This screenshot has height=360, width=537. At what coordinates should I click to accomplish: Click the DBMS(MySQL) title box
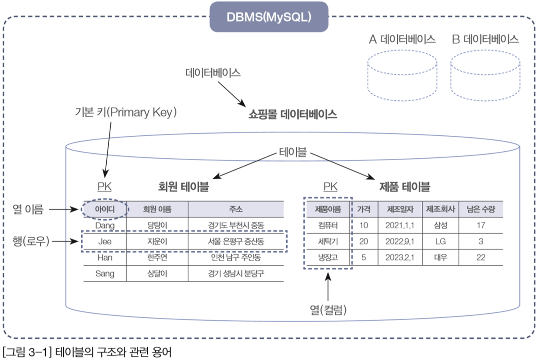coord(269,17)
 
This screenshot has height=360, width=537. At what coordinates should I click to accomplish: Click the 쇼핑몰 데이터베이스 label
coord(292,114)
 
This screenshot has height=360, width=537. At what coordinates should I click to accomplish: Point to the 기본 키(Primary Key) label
coord(126,112)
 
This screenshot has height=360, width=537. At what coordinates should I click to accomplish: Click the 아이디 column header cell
coord(105,209)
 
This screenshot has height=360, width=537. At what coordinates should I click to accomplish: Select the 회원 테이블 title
coord(183,187)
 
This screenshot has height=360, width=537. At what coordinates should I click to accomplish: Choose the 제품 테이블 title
coord(404,187)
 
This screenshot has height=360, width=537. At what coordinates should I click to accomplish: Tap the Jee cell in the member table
coord(105,242)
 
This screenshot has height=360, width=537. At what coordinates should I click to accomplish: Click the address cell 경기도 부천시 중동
coord(236,225)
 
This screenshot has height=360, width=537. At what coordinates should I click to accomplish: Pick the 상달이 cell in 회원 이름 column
coord(157,273)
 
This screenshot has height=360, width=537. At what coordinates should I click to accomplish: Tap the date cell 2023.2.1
coord(400,257)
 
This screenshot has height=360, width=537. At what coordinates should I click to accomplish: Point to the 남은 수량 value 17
coord(481,225)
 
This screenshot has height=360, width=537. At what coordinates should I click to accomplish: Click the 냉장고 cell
coord(328,257)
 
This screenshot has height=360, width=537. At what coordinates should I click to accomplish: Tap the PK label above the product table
coord(330,187)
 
